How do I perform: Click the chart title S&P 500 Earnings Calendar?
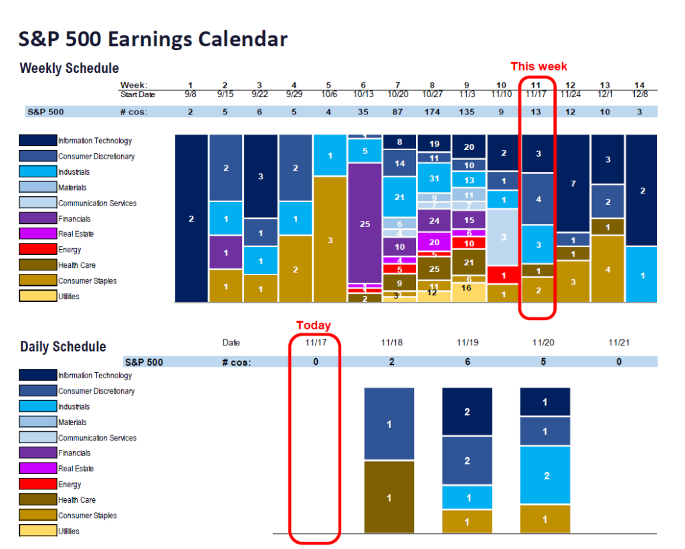[153, 40]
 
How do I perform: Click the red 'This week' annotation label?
[539, 66]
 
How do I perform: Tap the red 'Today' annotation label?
[314, 325]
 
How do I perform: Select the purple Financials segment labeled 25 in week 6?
[365, 224]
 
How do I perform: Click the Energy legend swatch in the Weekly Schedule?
[37, 250]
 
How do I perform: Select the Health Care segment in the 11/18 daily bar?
[389, 497]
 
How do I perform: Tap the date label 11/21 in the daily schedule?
[619, 343]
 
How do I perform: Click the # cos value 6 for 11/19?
[467, 362]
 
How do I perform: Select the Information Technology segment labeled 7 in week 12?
[573, 183]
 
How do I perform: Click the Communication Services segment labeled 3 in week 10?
[504, 237]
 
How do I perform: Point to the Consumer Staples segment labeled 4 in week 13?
[607, 269]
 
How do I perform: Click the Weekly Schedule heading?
[70, 68]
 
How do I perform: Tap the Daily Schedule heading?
[63, 347]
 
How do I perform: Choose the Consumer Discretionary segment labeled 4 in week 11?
[539, 200]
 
